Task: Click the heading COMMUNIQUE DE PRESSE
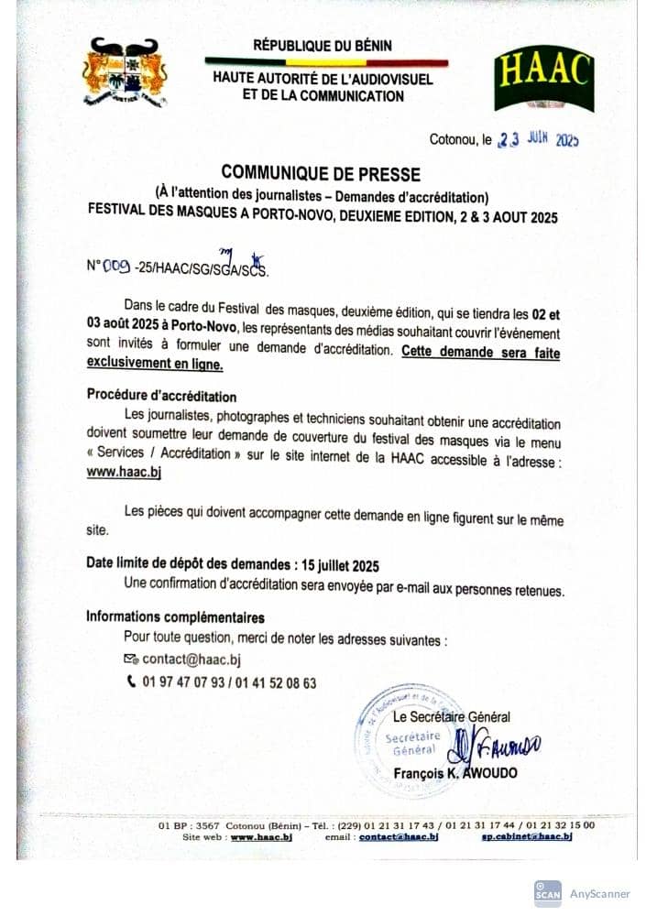tap(320, 174)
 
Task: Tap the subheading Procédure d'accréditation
tap(161, 397)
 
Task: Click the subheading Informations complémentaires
tap(175, 617)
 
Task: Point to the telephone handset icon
tap(130, 682)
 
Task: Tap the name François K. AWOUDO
tap(454, 773)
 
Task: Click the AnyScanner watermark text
tap(599, 893)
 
